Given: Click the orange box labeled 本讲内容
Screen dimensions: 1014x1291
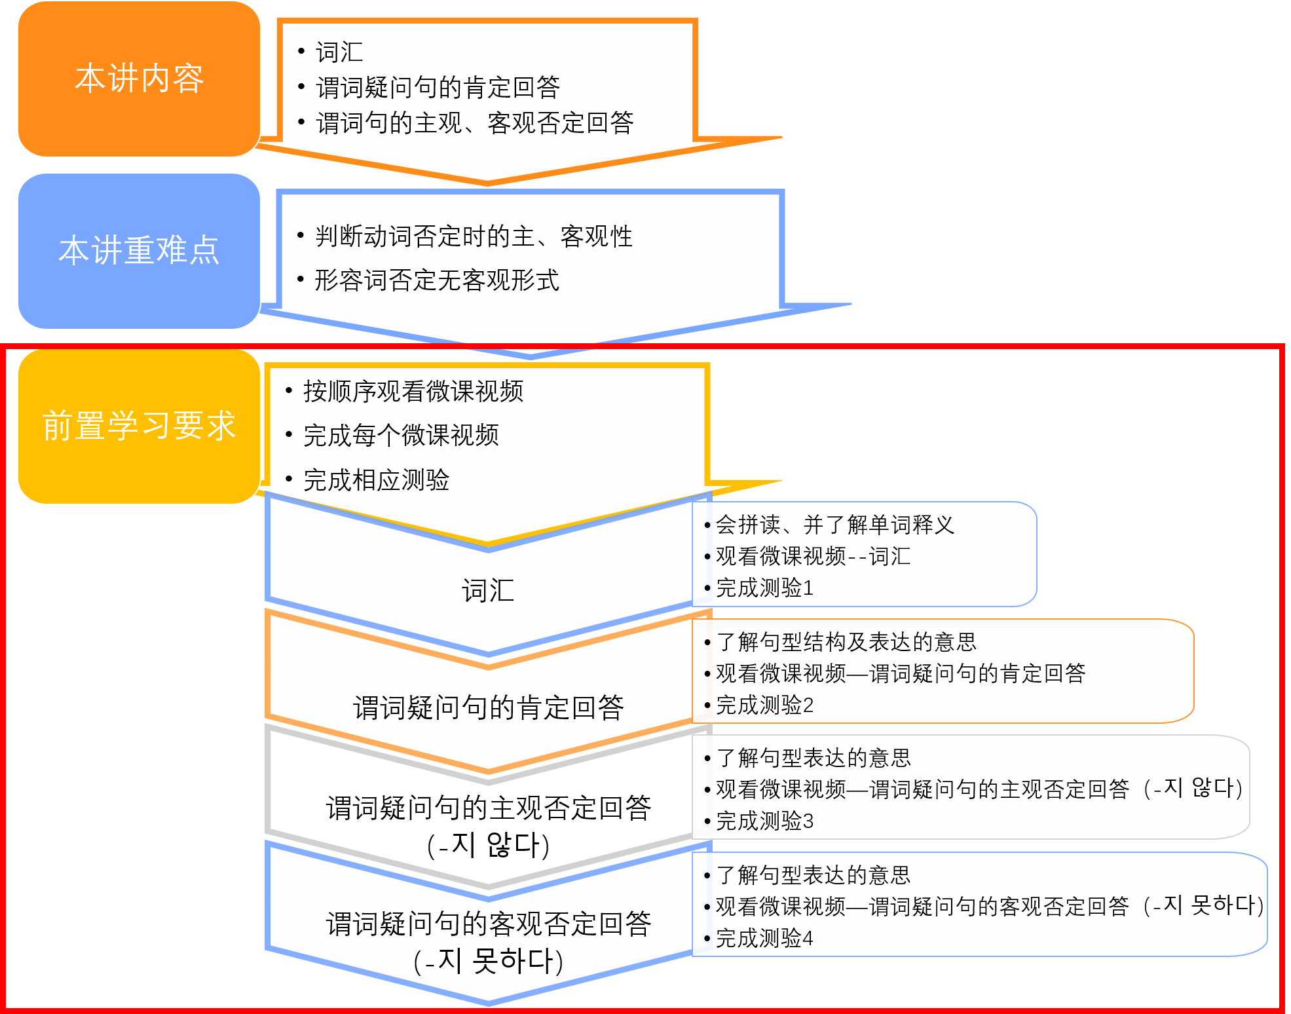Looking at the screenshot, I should [x=139, y=79].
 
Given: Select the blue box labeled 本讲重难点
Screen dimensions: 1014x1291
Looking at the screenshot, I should [x=139, y=251].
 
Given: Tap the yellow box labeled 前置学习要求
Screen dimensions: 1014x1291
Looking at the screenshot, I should [x=139, y=426].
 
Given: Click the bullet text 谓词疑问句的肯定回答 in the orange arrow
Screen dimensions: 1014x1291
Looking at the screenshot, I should [x=438, y=87].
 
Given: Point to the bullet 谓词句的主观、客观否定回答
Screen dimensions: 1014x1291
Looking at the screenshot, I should [x=474, y=122].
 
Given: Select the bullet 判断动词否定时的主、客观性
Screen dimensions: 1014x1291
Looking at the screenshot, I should [x=473, y=236].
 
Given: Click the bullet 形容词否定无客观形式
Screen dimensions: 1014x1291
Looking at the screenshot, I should [x=436, y=280].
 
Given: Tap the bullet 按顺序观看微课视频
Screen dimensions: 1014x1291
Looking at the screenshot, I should [x=413, y=391].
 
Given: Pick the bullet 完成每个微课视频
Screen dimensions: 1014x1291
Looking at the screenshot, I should [x=401, y=435].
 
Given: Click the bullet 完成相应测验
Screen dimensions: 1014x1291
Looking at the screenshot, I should [x=376, y=480].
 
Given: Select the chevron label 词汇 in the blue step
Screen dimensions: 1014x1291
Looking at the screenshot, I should [x=488, y=591].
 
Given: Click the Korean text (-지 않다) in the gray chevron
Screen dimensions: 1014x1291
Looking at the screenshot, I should [x=488, y=845].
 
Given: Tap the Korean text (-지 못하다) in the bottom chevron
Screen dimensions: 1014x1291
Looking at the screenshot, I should [x=488, y=962].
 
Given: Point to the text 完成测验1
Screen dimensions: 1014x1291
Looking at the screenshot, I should [x=764, y=588].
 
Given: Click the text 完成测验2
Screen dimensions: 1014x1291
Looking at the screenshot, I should [x=764, y=705].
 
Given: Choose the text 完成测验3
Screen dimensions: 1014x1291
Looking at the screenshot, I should [x=764, y=821].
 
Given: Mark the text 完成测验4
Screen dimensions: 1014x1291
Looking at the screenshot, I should [x=764, y=939].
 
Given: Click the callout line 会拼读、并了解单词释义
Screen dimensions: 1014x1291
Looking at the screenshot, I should [x=834, y=525].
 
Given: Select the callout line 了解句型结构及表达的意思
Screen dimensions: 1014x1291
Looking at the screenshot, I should [x=846, y=642].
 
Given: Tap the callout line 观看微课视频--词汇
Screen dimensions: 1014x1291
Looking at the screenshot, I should [x=813, y=557].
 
